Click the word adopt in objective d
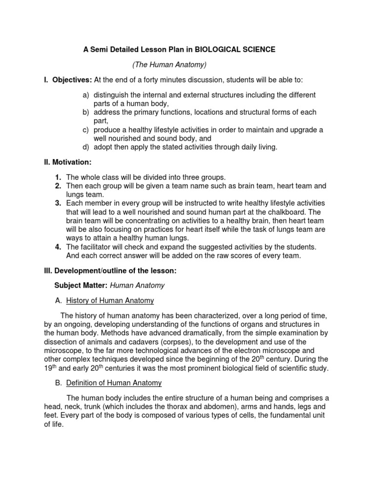pyautogui.click(x=103, y=147)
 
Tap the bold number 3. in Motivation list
pyautogui.click(x=58, y=203)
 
